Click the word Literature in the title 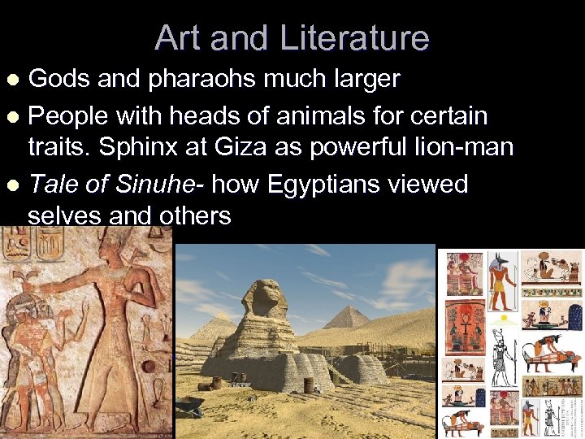[354, 37]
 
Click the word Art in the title [177, 37]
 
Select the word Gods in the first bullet [56, 79]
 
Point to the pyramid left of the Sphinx [210, 326]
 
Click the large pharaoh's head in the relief [115, 244]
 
